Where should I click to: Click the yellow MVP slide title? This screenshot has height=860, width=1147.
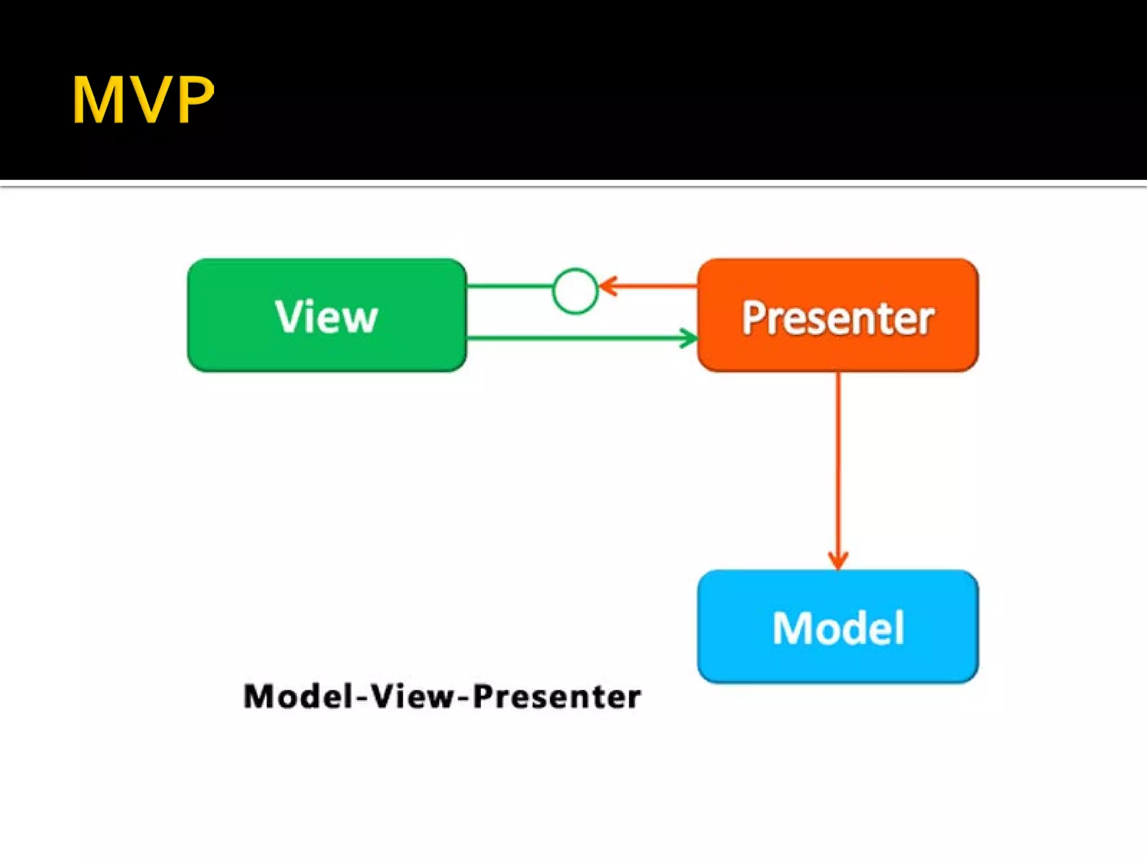tap(143, 100)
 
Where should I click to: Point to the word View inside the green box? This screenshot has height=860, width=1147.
tap(327, 317)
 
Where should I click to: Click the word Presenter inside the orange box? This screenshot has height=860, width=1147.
tap(838, 318)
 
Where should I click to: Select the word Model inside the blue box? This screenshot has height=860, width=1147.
tap(838, 628)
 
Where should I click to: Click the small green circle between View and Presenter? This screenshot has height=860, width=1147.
tap(575, 291)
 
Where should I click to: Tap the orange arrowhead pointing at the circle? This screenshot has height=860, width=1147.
tap(608, 286)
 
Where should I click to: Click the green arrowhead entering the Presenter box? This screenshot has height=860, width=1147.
tap(689, 338)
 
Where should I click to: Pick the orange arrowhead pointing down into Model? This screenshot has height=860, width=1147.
tap(838, 560)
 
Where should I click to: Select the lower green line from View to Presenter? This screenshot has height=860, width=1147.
tap(571, 338)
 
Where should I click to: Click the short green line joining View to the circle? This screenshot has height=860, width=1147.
tap(510, 286)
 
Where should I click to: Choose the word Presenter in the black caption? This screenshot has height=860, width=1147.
tap(557, 697)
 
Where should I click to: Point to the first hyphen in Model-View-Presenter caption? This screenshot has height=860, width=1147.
tap(362, 698)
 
